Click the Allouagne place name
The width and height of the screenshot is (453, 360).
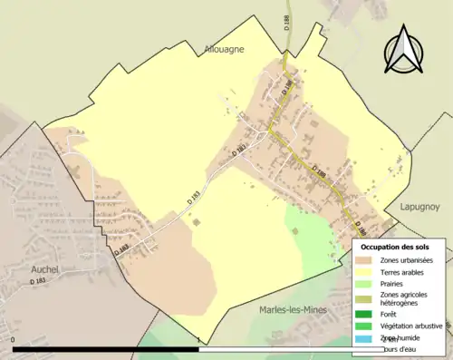(x=226, y=50)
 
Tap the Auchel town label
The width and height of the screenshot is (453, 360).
(x=45, y=269)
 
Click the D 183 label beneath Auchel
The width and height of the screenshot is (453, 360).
(x=39, y=282)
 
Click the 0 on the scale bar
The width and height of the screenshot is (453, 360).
(x=14, y=340)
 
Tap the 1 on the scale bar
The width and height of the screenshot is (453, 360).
(x=198, y=340)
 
